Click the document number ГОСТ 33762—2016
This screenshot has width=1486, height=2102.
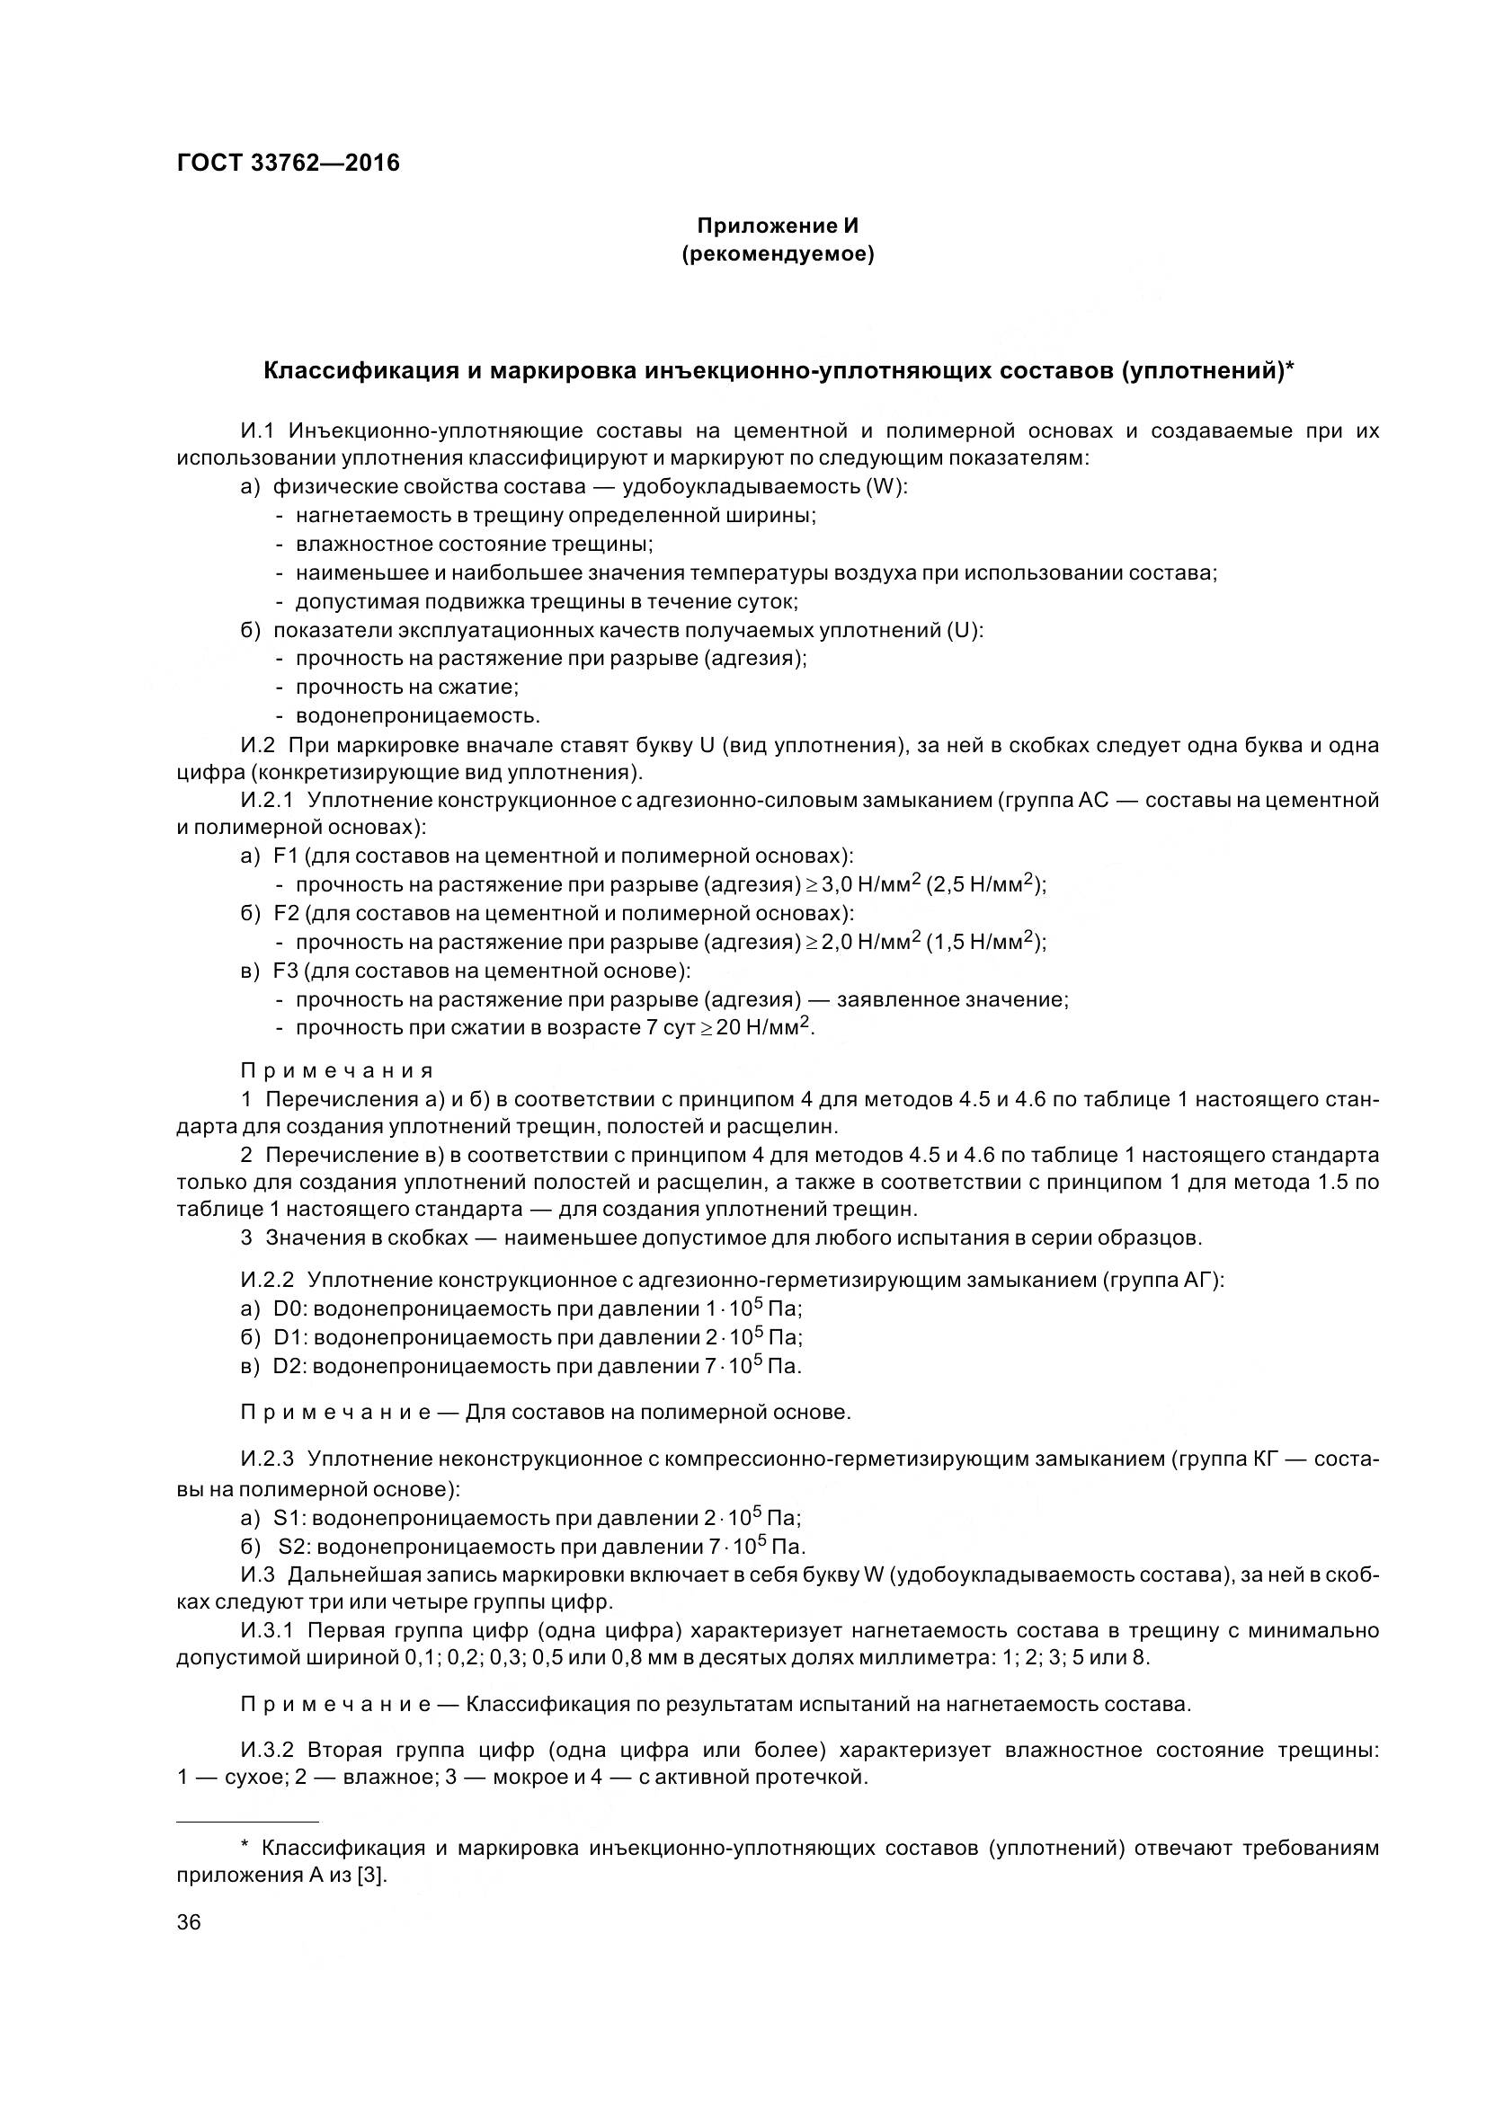tap(288, 164)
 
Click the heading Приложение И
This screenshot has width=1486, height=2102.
tap(778, 226)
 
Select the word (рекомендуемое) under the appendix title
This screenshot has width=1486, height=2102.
tap(778, 254)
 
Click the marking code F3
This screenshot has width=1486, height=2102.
tap(286, 971)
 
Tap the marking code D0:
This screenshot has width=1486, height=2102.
tap(291, 1309)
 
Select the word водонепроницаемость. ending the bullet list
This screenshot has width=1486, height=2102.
tap(417, 715)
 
